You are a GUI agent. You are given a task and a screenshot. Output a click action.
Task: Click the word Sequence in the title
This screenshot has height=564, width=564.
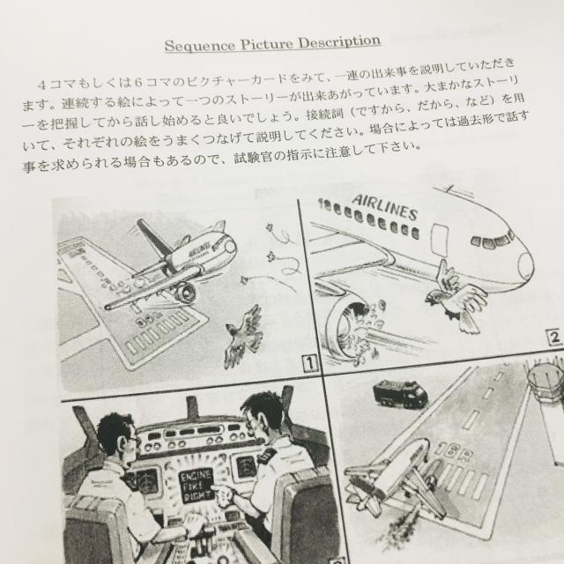coord(200,45)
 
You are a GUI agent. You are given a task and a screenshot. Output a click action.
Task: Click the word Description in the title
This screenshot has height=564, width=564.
coord(339,42)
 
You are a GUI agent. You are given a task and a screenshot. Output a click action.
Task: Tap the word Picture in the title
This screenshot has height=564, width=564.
coord(267,44)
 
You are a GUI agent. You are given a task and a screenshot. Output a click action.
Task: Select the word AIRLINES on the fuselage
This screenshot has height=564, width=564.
coord(385,207)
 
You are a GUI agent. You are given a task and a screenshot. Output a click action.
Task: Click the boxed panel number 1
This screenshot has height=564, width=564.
coord(309,363)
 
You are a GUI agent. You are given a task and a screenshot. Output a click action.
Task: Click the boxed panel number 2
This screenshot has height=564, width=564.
coord(554,338)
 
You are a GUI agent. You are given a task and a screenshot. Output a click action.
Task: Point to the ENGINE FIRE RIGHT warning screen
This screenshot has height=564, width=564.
coord(197,486)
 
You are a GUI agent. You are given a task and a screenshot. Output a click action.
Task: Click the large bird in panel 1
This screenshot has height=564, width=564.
coord(244,335)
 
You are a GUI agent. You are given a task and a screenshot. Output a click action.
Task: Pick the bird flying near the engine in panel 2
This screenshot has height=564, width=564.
coord(455,296)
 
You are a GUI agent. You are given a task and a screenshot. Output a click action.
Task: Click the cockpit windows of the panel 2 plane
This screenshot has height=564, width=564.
coord(492,240)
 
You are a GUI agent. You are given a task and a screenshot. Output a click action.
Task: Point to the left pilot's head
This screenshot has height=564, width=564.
coord(115,434)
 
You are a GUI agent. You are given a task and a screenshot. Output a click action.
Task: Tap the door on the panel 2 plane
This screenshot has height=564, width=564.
coord(439,240)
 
